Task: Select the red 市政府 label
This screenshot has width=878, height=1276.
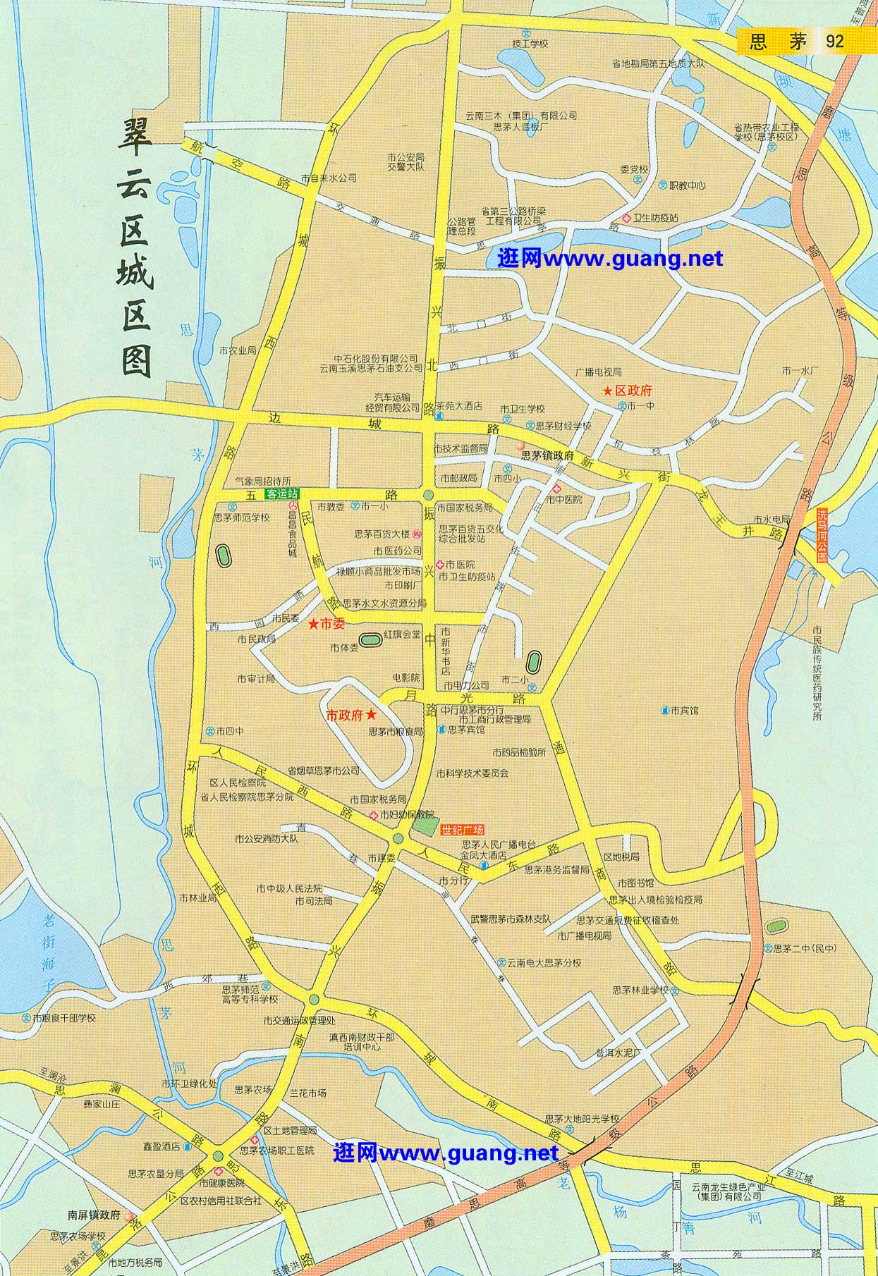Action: click(x=344, y=714)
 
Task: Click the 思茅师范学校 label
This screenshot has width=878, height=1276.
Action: click(x=242, y=517)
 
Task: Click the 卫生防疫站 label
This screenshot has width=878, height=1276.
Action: click(x=655, y=219)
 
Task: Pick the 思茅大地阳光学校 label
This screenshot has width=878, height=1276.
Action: click(x=582, y=1118)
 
